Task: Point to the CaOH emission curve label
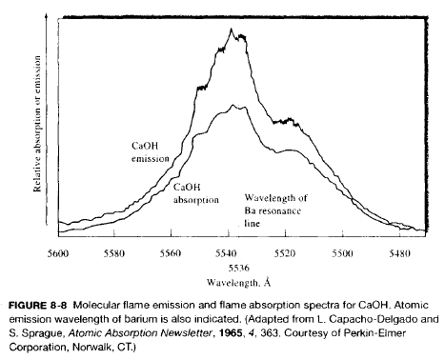[151, 152]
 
